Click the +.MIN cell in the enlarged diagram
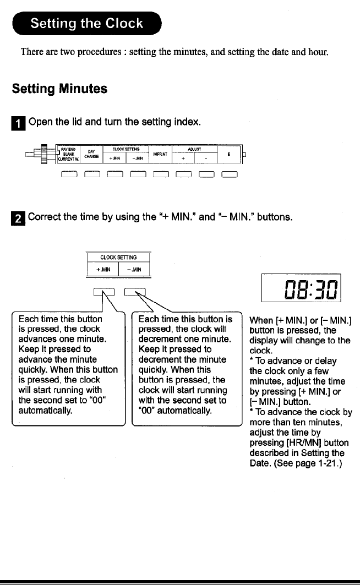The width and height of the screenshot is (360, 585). pyautogui.click(x=103, y=270)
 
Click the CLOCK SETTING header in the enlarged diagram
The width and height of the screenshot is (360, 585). pyautogui.click(x=118, y=257)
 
